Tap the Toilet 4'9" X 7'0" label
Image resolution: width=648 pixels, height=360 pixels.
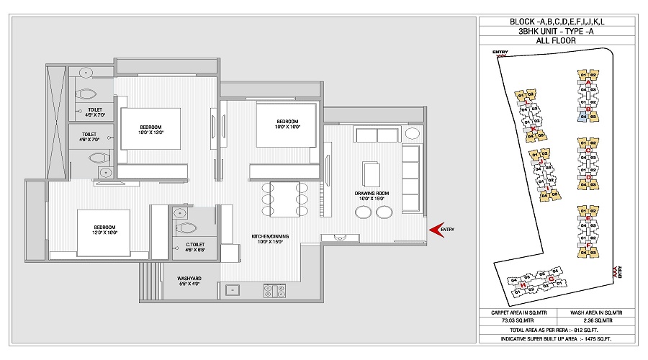91,112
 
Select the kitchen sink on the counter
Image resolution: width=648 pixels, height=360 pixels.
234,291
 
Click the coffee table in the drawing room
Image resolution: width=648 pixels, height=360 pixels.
373,174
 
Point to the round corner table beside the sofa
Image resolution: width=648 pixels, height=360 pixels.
413,134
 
